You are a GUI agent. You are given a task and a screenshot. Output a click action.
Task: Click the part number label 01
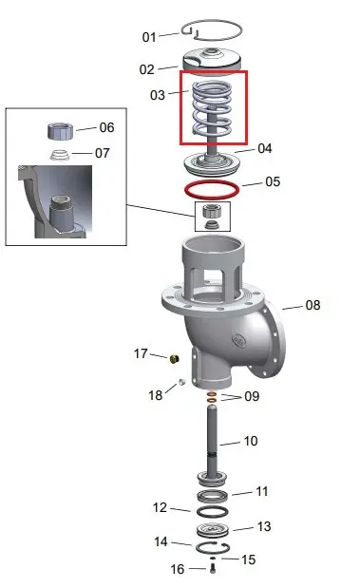click(x=149, y=37)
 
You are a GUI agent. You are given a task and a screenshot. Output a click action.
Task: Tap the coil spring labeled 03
click(x=212, y=108)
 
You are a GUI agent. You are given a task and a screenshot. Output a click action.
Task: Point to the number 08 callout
click(x=313, y=305)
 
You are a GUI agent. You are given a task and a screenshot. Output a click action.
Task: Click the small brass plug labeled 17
click(x=175, y=358)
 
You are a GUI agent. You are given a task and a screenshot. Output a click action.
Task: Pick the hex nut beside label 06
click(x=61, y=130)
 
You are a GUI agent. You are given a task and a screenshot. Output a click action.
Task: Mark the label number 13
click(x=264, y=526)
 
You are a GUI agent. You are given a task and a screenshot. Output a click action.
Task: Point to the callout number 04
click(x=265, y=148)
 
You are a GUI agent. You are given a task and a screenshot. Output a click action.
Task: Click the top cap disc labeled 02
click(x=212, y=58)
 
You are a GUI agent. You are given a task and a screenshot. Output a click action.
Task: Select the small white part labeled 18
click(x=181, y=382)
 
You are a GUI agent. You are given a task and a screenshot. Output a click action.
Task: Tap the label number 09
click(x=252, y=396)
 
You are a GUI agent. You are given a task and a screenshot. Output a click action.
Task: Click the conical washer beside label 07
click(x=60, y=155)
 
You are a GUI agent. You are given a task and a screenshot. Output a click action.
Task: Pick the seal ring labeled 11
click(x=212, y=496)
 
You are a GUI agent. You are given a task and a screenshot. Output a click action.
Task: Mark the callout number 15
click(x=248, y=560)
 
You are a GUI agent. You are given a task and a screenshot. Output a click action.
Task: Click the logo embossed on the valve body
click(x=239, y=340)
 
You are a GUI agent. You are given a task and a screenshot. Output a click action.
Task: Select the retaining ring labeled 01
click(x=212, y=21)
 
